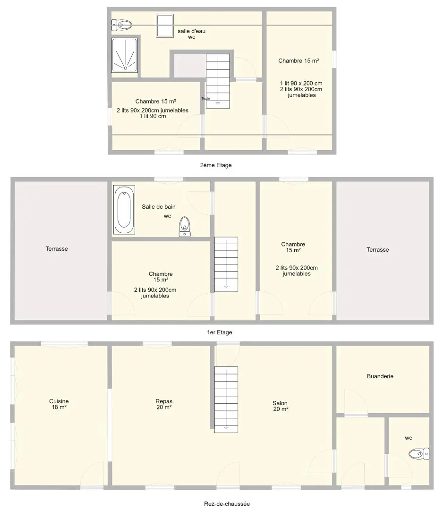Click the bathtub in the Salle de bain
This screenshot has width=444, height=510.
(x=124, y=210)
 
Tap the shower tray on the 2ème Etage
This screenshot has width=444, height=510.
(x=125, y=55)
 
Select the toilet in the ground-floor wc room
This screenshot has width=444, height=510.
(x=419, y=454)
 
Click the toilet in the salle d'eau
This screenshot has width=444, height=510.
(x=122, y=25)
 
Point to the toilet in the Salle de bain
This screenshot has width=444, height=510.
(x=185, y=226)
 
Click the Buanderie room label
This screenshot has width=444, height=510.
(x=380, y=376)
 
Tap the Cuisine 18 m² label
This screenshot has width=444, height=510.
(x=59, y=404)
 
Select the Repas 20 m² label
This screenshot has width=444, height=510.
(x=164, y=404)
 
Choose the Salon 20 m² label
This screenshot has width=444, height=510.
(x=281, y=406)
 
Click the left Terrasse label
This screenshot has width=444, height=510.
(x=57, y=249)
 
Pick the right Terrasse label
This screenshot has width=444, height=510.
(x=378, y=250)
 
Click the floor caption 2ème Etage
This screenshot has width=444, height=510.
(x=216, y=165)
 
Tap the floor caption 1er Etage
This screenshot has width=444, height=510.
(x=220, y=332)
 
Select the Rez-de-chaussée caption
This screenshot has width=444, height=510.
(x=227, y=504)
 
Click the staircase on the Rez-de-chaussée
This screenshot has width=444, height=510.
(x=226, y=400)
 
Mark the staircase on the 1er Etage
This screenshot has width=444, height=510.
(x=226, y=264)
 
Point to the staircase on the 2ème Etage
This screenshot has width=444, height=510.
(x=218, y=81)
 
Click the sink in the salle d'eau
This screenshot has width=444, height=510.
(x=164, y=25)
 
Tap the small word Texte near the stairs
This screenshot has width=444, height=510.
(x=205, y=99)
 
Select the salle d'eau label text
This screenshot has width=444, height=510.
(x=192, y=31)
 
